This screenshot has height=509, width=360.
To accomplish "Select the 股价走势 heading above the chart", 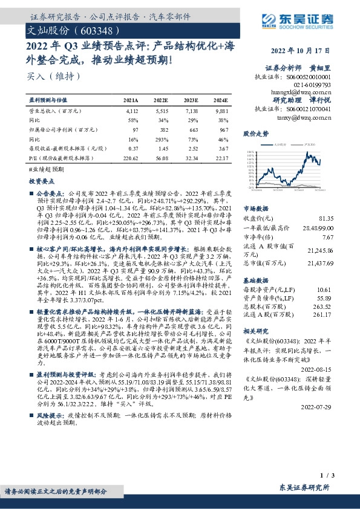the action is coord(255,133).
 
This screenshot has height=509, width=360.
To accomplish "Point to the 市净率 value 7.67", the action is coord(327,237).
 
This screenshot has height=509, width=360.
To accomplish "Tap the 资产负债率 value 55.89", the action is coord(325,298).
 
